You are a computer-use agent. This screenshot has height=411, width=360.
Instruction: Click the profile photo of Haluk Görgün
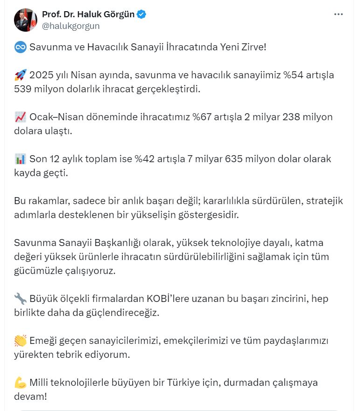[x=26, y=20]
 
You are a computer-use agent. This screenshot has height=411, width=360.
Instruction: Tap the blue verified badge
[x=141, y=14]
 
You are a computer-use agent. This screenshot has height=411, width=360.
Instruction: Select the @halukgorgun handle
[x=71, y=26]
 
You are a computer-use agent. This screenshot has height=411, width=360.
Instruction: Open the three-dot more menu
[x=339, y=14]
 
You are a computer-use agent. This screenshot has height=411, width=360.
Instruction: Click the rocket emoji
[x=20, y=75]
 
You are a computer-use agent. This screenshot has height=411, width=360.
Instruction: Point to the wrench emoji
[x=20, y=299]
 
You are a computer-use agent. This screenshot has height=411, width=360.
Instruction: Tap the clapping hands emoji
[x=20, y=341]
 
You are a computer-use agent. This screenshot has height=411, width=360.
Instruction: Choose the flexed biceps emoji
[x=20, y=383]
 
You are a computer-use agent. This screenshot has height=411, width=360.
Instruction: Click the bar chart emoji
[x=20, y=159]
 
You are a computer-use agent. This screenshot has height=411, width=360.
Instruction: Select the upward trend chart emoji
[x=20, y=117]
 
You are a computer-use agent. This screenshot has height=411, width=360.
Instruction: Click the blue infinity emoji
[x=20, y=47]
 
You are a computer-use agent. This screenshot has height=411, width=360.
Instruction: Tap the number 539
[x=24, y=89]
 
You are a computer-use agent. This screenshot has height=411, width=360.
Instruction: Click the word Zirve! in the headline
[x=252, y=47]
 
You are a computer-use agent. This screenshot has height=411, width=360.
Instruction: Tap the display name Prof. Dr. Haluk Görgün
[x=88, y=14]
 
